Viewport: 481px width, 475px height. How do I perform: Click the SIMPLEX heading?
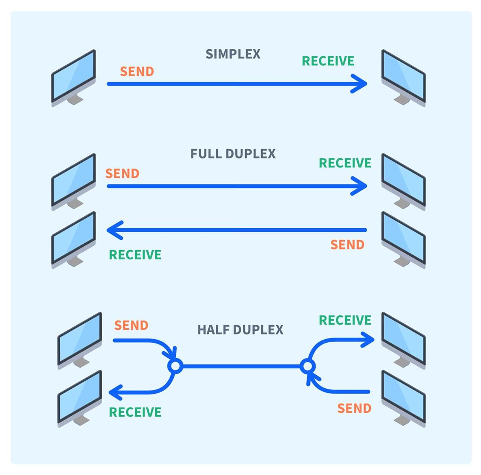pos(233,54)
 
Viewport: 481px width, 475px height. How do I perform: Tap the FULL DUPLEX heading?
pos(233,153)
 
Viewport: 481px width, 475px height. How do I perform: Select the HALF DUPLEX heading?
pos(240,330)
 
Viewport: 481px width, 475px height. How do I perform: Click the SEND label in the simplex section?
pos(137,71)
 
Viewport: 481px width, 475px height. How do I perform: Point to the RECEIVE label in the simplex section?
pos(328,61)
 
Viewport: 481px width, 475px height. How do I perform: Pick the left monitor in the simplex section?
pos(73,78)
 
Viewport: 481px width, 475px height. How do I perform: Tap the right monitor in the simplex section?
pos(404,78)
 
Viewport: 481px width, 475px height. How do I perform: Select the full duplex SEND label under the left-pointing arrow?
pos(347,245)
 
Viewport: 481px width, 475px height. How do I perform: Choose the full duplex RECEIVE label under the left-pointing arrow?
pos(135,255)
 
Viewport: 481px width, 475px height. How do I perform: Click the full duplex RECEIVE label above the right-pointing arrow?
pos(345,163)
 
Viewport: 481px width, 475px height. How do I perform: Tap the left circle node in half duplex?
pos(175,366)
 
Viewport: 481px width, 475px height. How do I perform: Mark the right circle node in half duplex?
pos(308,366)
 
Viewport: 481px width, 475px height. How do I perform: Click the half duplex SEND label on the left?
pos(131,325)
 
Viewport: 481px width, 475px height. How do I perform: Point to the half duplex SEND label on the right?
pos(354,408)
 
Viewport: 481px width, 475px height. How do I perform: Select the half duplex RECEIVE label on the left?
pos(135,412)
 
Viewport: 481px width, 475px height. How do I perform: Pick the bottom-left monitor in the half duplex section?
pos(80,399)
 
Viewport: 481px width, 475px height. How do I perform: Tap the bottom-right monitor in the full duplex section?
pos(404,240)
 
